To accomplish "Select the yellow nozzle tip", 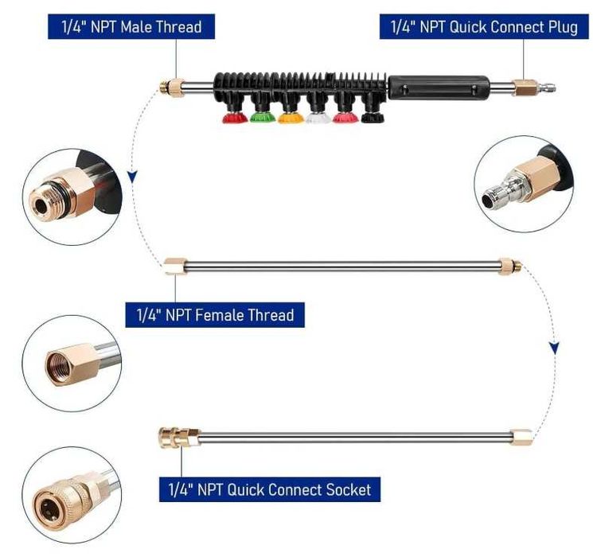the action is tap(291, 118).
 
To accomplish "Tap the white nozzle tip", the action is tap(318, 118).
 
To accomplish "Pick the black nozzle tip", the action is tap(373, 118).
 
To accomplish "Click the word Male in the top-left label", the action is tap(137, 27).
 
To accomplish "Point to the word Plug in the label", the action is tap(563, 27).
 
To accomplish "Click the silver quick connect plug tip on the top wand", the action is tap(546, 89).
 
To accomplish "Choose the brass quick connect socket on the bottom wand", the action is tap(178, 438).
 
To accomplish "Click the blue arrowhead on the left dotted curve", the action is tap(132, 176).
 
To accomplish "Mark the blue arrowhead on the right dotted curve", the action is tap(555, 348).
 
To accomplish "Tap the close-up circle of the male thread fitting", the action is tap(72, 197).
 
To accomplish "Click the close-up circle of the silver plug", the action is tap(525, 184).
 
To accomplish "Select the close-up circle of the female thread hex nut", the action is tap(72, 364).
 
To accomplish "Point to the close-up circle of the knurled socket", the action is tap(72, 496).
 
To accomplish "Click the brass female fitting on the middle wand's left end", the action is tap(176, 266).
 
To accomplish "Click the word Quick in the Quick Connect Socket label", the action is tap(247, 489).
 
